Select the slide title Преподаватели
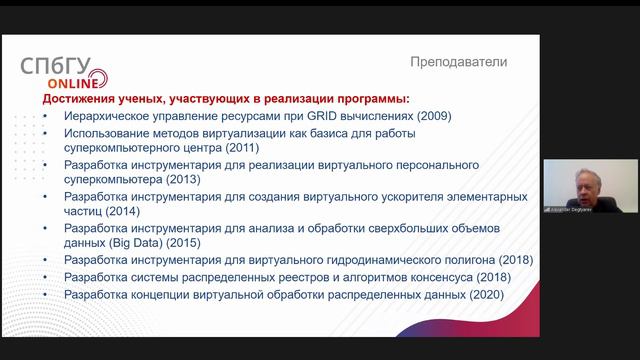coord(458,62)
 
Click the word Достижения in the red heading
coord(79,100)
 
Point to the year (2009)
coord(434,116)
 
